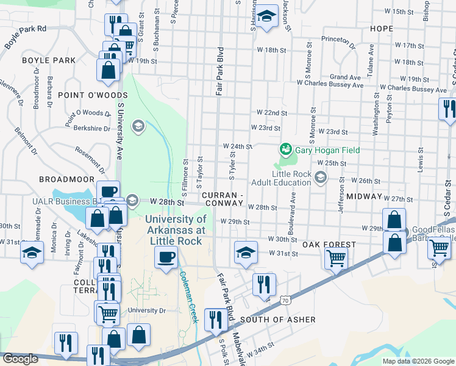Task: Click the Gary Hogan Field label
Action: (x=327, y=150)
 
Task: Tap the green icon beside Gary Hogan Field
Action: (x=285, y=149)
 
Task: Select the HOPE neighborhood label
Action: (x=381, y=29)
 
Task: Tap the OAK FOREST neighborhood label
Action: (x=329, y=245)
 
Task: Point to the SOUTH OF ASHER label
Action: (x=278, y=320)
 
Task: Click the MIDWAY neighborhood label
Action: (x=364, y=197)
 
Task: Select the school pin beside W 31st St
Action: (x=244, y=252)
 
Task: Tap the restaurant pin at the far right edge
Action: (x=448, y=109)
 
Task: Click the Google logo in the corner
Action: (x=21, y=359)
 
